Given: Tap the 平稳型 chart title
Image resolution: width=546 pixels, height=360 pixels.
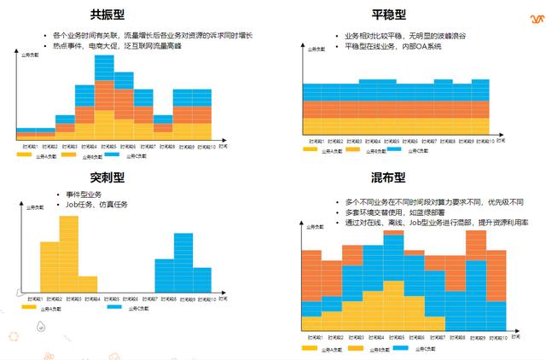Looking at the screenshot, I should tap(388, 15).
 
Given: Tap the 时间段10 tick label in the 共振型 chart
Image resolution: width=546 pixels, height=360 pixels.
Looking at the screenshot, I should tap(202, 146).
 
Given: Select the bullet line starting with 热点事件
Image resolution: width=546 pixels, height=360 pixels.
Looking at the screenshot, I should tap(124, 45).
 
